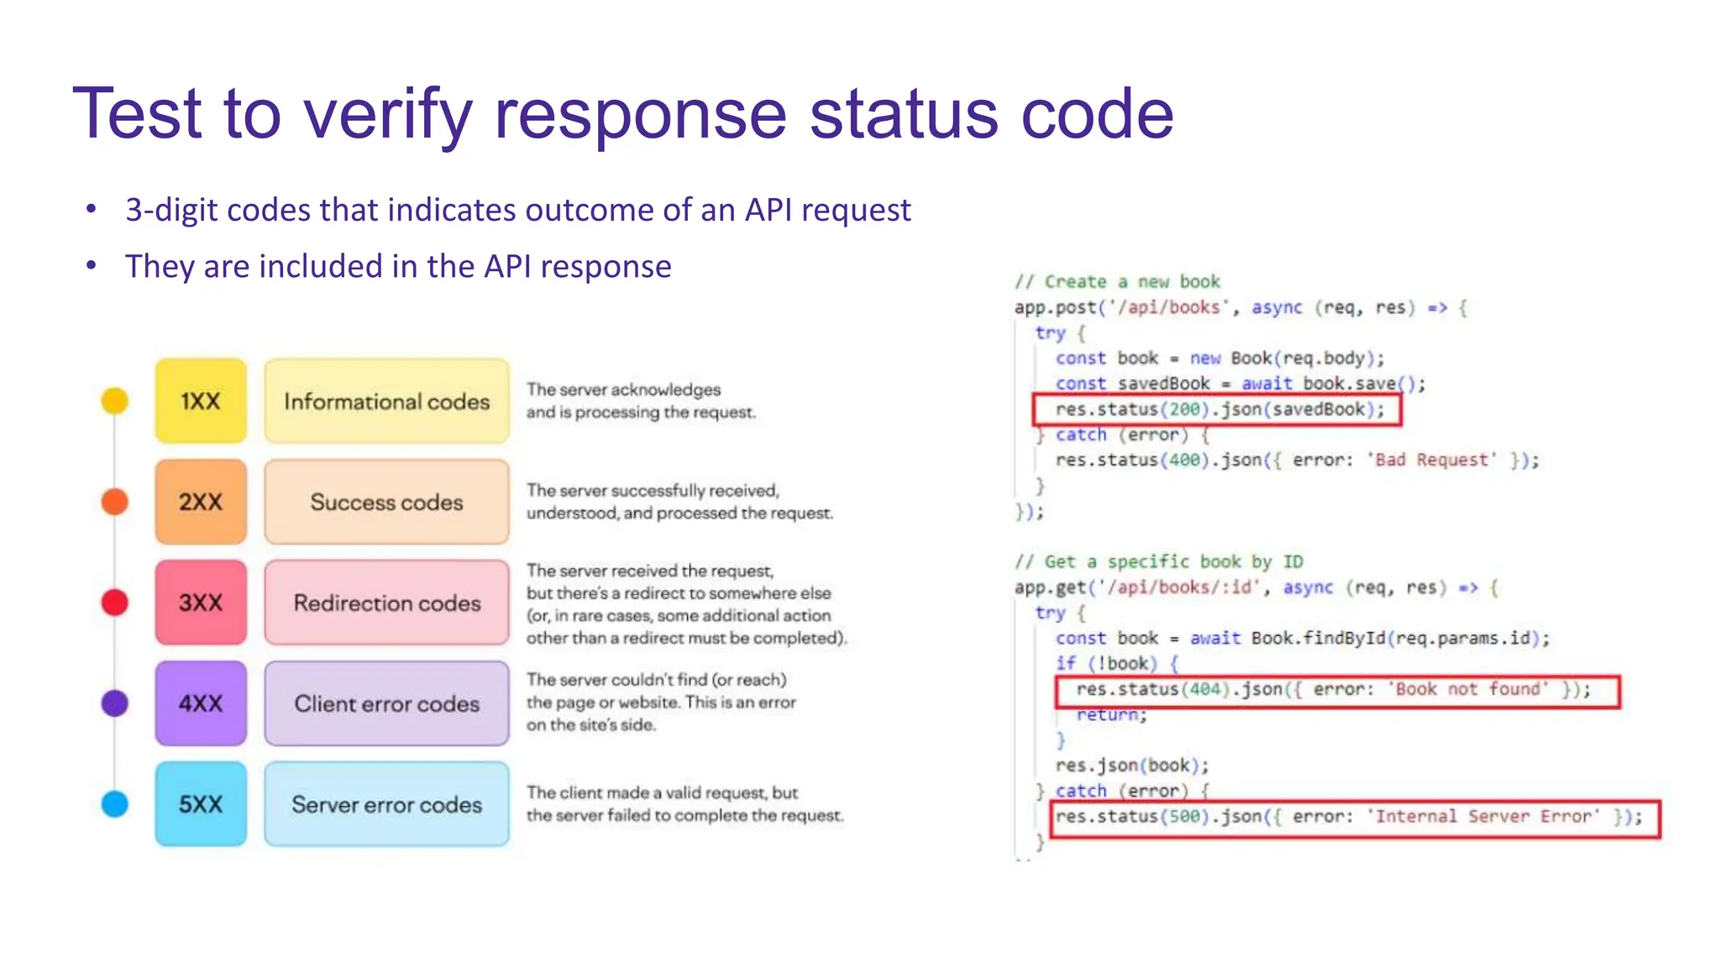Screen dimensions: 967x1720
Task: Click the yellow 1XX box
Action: coord(201,401)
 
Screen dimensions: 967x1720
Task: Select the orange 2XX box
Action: coord(201,502)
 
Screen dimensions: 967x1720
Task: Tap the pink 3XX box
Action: coord(201,603)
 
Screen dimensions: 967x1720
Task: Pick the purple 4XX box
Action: coord(201,703)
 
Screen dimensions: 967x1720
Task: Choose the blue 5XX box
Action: coord(201,804)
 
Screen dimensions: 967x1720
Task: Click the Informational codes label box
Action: coord(386,401)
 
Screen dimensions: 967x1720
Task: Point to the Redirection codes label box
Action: coord(386,603)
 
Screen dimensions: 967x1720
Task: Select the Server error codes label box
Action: coord(386,804)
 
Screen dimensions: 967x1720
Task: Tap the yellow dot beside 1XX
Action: coord(115,401)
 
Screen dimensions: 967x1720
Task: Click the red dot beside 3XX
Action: coord(115,603)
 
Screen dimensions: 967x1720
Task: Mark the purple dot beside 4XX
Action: coord(115,703)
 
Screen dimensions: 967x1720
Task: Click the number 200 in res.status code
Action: coord(1184,410)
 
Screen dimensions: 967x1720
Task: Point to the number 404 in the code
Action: coord(1205,689)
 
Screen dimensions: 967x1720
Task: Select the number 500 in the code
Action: coord(1184,817)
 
